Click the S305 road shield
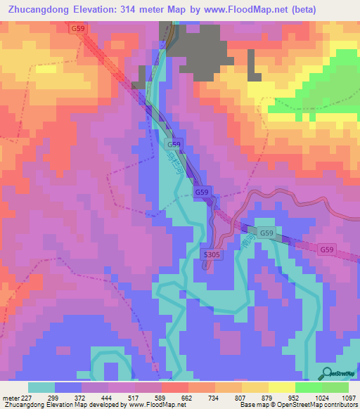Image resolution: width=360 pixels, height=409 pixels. click(212, 254)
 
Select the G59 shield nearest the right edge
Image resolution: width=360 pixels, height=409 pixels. click(327, 249)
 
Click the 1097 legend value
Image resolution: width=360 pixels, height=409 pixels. click(348, 397)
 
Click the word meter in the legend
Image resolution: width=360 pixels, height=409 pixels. click(10, 397)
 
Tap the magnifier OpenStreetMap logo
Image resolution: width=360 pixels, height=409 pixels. click(326, 373)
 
